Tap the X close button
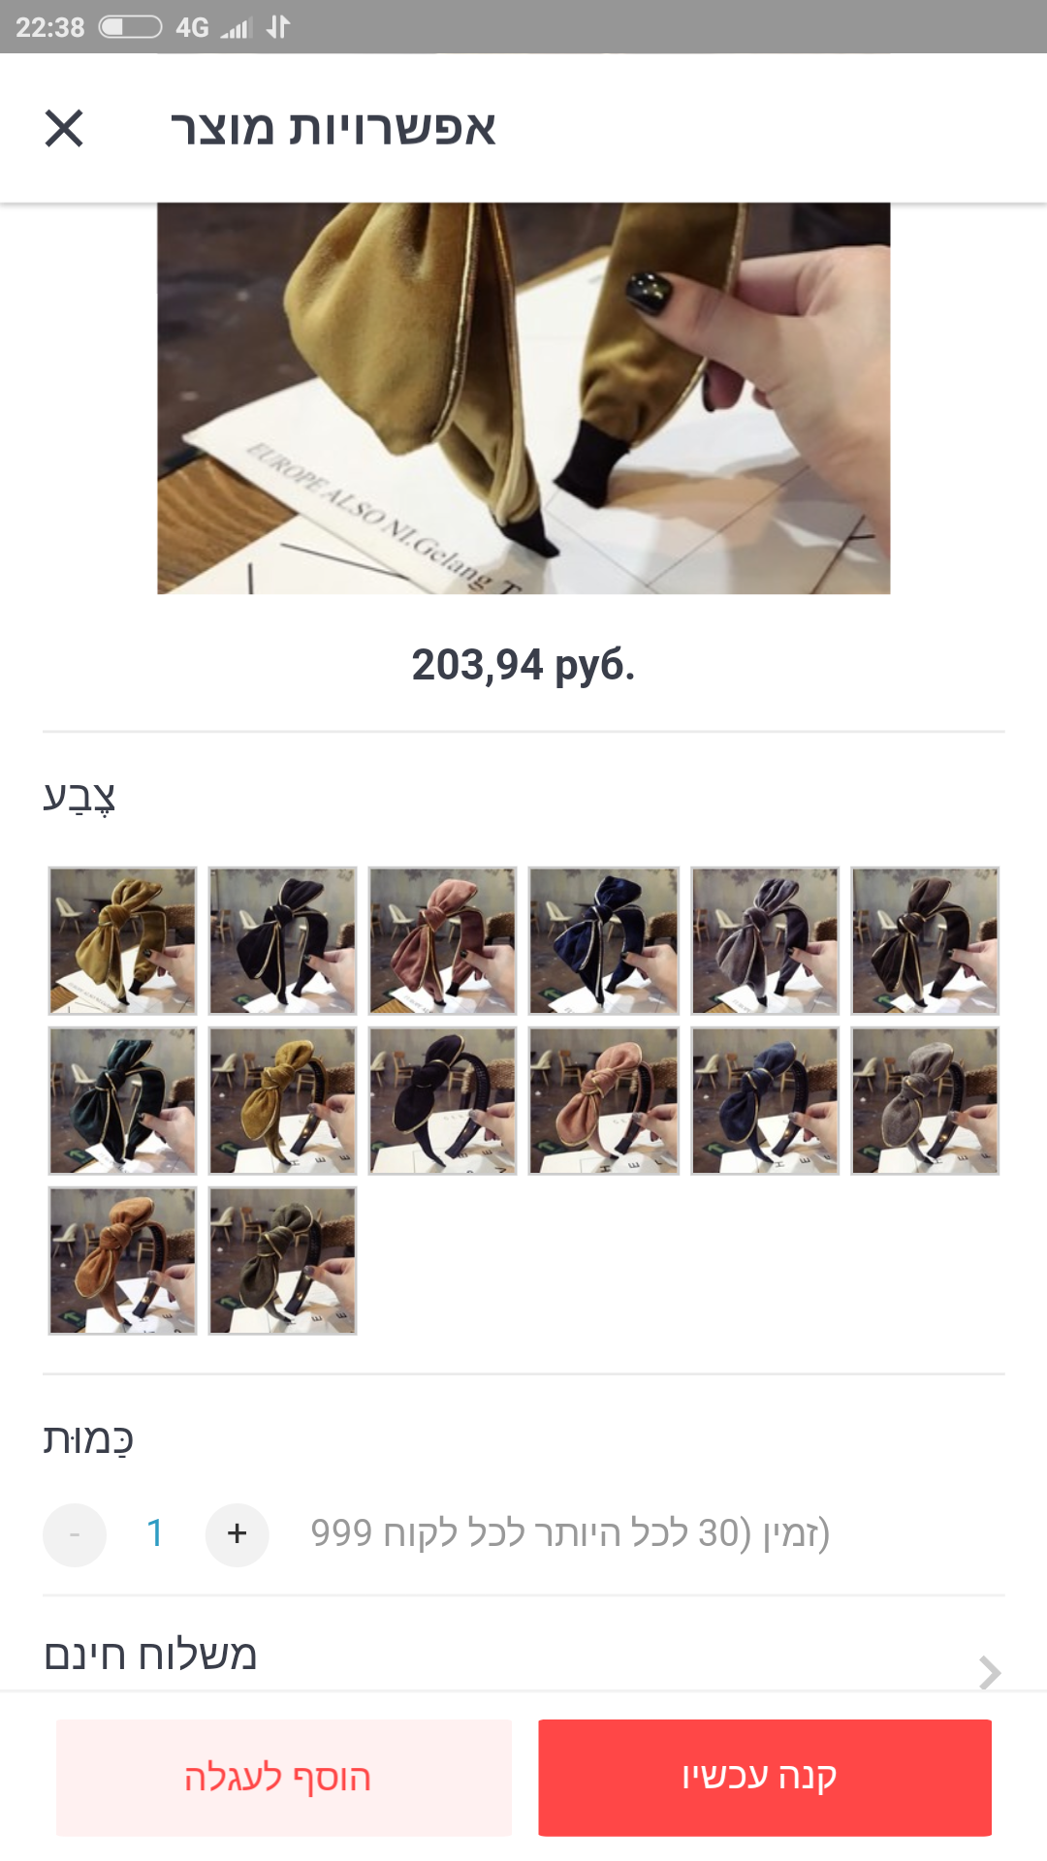click(x=64, y=128)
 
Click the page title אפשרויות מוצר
click(x=333, y=128)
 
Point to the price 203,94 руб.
click(x=523, y=665)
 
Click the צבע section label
click(x=79, y=797)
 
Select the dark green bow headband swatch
click(x=122, y=1101)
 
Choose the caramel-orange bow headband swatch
click(x=122, y=1260)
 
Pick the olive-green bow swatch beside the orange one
click(x=282, y=1260)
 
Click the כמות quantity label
click(x=88, y=1439)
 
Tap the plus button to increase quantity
click(x=237, y=1534)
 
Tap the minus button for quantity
click(x=75, y=1534)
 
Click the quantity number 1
click(x=155, y=1533)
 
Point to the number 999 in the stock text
click(x=341, y=1533)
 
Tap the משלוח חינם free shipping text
click(x=150, y=1655)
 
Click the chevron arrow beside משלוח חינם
click(x=989, y=1672)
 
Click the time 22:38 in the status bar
click(x=50, y=27)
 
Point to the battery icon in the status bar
click(x=130, y=27)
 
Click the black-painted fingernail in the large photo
click(x=650, y=291)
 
